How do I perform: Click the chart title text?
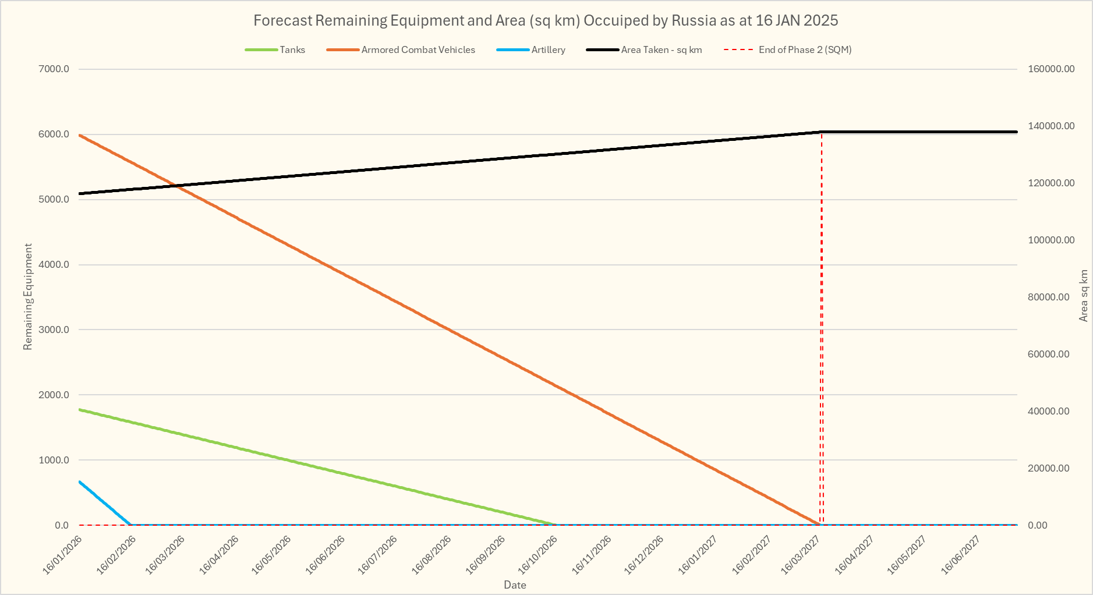tap(546, 21)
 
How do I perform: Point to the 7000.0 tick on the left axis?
tap(54, 69)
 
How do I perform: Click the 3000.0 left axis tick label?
tap(54, 330)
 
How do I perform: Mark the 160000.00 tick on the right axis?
tap(1051, 69)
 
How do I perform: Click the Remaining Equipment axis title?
tap(28, 297)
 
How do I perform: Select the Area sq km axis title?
tap(1084, 295)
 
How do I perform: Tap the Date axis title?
tap(515, 585)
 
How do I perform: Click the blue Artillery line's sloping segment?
tap(105, 504)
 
